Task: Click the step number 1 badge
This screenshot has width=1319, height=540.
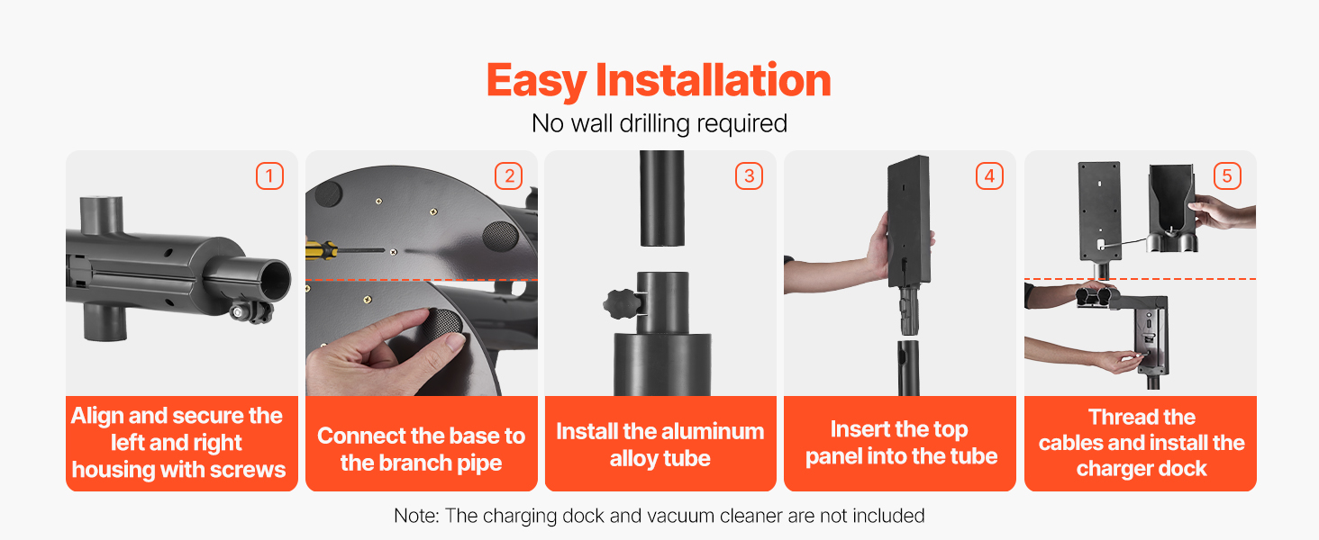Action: point(269,175)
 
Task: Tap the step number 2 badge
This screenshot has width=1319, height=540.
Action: point(509,175)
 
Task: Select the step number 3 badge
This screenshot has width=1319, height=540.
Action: point(749,175)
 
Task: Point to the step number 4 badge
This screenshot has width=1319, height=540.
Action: point(989,175)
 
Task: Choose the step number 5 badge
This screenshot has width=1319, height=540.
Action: point(1227,175)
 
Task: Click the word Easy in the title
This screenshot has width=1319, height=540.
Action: point(536,81)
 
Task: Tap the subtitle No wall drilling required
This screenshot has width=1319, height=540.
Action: point(659,123)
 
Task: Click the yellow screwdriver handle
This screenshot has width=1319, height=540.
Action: point(321,250)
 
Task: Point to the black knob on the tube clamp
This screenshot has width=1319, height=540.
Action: point(622,303)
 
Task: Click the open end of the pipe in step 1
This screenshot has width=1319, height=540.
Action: point(276,279)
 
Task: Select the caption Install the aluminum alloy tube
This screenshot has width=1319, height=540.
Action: point(660,445)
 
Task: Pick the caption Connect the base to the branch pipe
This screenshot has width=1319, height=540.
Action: point(421,449)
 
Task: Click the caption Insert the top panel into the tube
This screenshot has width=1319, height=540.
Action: point(901,443)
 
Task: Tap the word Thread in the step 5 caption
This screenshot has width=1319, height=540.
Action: point(1142,417)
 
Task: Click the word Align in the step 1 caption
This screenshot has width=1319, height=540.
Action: point(97,416)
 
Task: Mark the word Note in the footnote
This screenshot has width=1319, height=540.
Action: point(415,516)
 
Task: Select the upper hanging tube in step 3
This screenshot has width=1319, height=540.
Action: point(662,198)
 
